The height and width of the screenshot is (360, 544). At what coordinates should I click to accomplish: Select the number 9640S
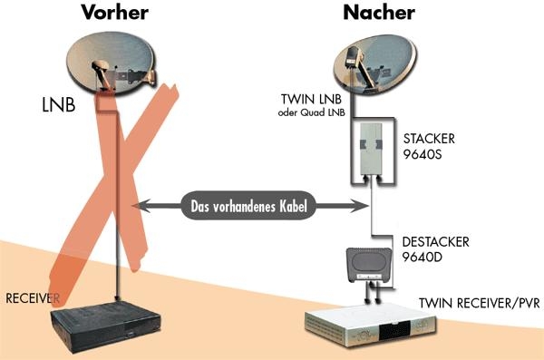(x=423, y=156)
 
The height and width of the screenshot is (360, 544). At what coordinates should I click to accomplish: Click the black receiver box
(x=106, y=322)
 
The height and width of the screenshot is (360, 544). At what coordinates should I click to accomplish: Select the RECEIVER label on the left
(x=33, y=298)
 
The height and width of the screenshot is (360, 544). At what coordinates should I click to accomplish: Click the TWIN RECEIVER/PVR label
(x=480, y=302)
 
